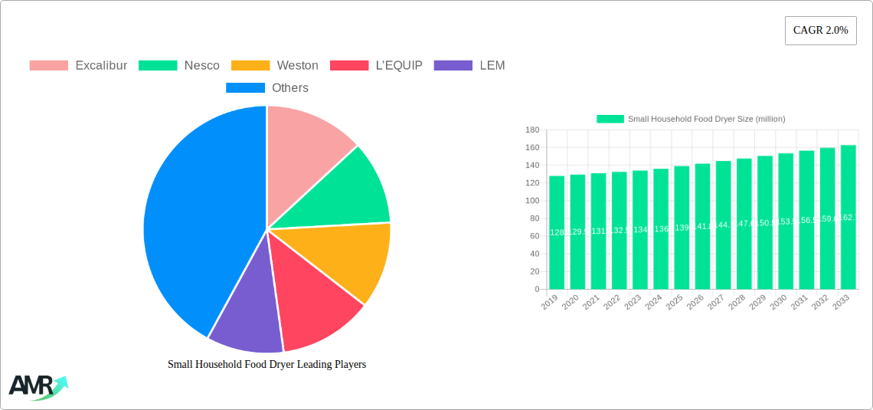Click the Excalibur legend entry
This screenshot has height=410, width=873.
78,65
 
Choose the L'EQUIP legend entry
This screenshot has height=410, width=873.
376,65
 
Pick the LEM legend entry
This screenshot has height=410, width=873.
469,65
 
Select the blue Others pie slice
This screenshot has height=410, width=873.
199,222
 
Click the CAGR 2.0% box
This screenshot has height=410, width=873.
820,31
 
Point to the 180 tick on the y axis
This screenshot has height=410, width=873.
531,130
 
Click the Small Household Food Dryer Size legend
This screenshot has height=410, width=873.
691,119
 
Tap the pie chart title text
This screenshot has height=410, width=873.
266,365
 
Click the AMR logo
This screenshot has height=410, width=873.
38,387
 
